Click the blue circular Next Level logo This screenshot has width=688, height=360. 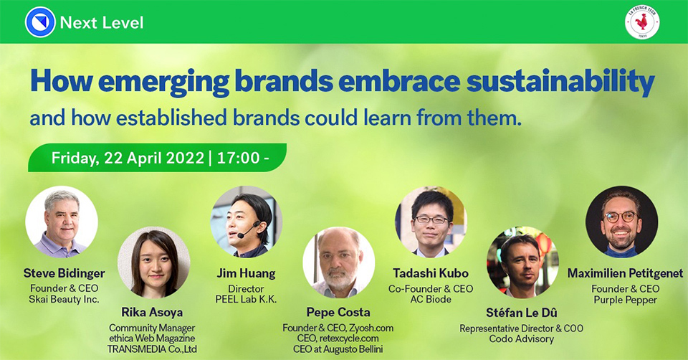pos(40,22)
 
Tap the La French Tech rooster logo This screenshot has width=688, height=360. pos(642,22)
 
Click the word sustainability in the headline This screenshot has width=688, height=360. pos(560,82)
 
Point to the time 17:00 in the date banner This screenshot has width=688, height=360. pos(238,158)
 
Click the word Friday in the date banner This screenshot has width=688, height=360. pos(75,158)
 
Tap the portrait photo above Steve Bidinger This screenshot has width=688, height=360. pos(62,222)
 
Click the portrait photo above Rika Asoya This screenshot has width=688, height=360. pos(154,262)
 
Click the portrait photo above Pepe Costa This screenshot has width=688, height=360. pos(339,262)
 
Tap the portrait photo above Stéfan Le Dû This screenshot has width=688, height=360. pos(522,262)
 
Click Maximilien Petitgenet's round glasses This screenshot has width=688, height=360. pos(621,217)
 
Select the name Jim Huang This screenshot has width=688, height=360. pos(246,273)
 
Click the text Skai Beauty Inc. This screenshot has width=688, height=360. pos(64,300)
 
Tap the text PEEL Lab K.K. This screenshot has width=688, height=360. pos(246,300)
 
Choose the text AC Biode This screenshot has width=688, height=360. pos(431,300)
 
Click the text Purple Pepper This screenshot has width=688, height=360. pos(625,300)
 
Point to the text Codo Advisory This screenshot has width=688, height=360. pos(522,339)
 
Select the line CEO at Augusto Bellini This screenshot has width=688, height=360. pos(338,349)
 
